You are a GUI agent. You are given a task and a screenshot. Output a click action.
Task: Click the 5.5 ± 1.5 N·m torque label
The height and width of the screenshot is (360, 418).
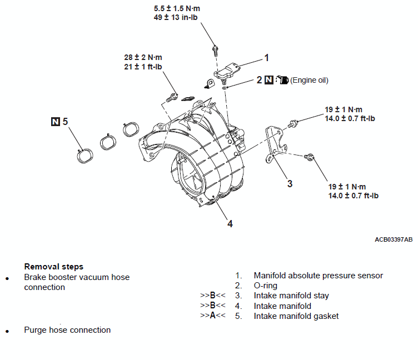pyautogui.click(x=177, y=8)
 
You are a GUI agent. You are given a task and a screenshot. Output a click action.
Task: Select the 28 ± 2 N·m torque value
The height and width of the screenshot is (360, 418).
pyautogui.click(x=143, y=58)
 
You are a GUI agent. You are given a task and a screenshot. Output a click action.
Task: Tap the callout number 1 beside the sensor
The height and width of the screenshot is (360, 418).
pyautogui.click(x=266, y=58)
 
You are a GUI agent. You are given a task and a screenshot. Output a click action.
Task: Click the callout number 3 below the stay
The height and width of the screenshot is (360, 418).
pyautogui.click(x=290, y=183)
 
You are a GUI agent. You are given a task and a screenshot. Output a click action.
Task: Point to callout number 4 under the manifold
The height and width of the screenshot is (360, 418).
pyautogui.click(x=230, y=223)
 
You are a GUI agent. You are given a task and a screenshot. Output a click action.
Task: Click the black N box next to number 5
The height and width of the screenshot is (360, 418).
pyautogui.click(x=55, y=122)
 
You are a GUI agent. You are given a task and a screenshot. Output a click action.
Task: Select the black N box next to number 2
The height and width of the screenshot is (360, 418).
pyautogui.click(x=268, y=79)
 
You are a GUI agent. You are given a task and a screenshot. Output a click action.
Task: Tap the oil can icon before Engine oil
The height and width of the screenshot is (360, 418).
pyautogui.click(x=282, y=79)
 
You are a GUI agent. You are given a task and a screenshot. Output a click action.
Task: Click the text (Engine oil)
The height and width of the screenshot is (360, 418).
pyautogui.click(x=309, y=80)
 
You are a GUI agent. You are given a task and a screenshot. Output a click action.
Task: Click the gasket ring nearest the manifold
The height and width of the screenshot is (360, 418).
pyautogui.click(x=131, y=129)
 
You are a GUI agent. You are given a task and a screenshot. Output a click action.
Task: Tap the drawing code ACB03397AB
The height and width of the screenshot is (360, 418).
pyautogui.click(x=394, y=239)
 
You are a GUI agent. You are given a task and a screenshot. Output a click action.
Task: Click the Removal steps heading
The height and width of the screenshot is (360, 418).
pyautogui.click(x=54, y=267)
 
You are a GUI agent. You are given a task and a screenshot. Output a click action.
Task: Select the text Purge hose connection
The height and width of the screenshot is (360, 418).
pyautogui.click(x=67, y=330)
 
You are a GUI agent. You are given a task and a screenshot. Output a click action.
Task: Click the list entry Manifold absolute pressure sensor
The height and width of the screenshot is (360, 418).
pyautogui.click(x=319, y=276)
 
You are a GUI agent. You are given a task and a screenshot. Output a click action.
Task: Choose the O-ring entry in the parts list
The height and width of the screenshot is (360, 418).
pyautogui.click(x=266, y=286)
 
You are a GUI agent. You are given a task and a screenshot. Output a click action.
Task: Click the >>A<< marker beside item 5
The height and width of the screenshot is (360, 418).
pyautogui.click(x=213, y=316)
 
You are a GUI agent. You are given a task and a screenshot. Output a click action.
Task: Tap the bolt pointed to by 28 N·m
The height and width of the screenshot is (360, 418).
pyautogui.click(x=172, y=98)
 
